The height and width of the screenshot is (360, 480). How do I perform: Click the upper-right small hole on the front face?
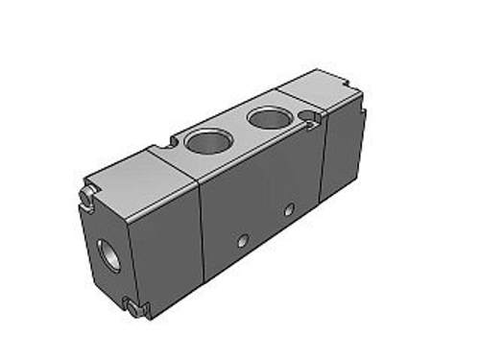pyautogui.click(x=288, y=207)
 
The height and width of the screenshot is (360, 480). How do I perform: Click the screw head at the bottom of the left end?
pyautogui.click(x=132, y=309)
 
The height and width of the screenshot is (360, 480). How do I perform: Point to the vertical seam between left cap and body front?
pyautogui.click(x=204, y=230)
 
